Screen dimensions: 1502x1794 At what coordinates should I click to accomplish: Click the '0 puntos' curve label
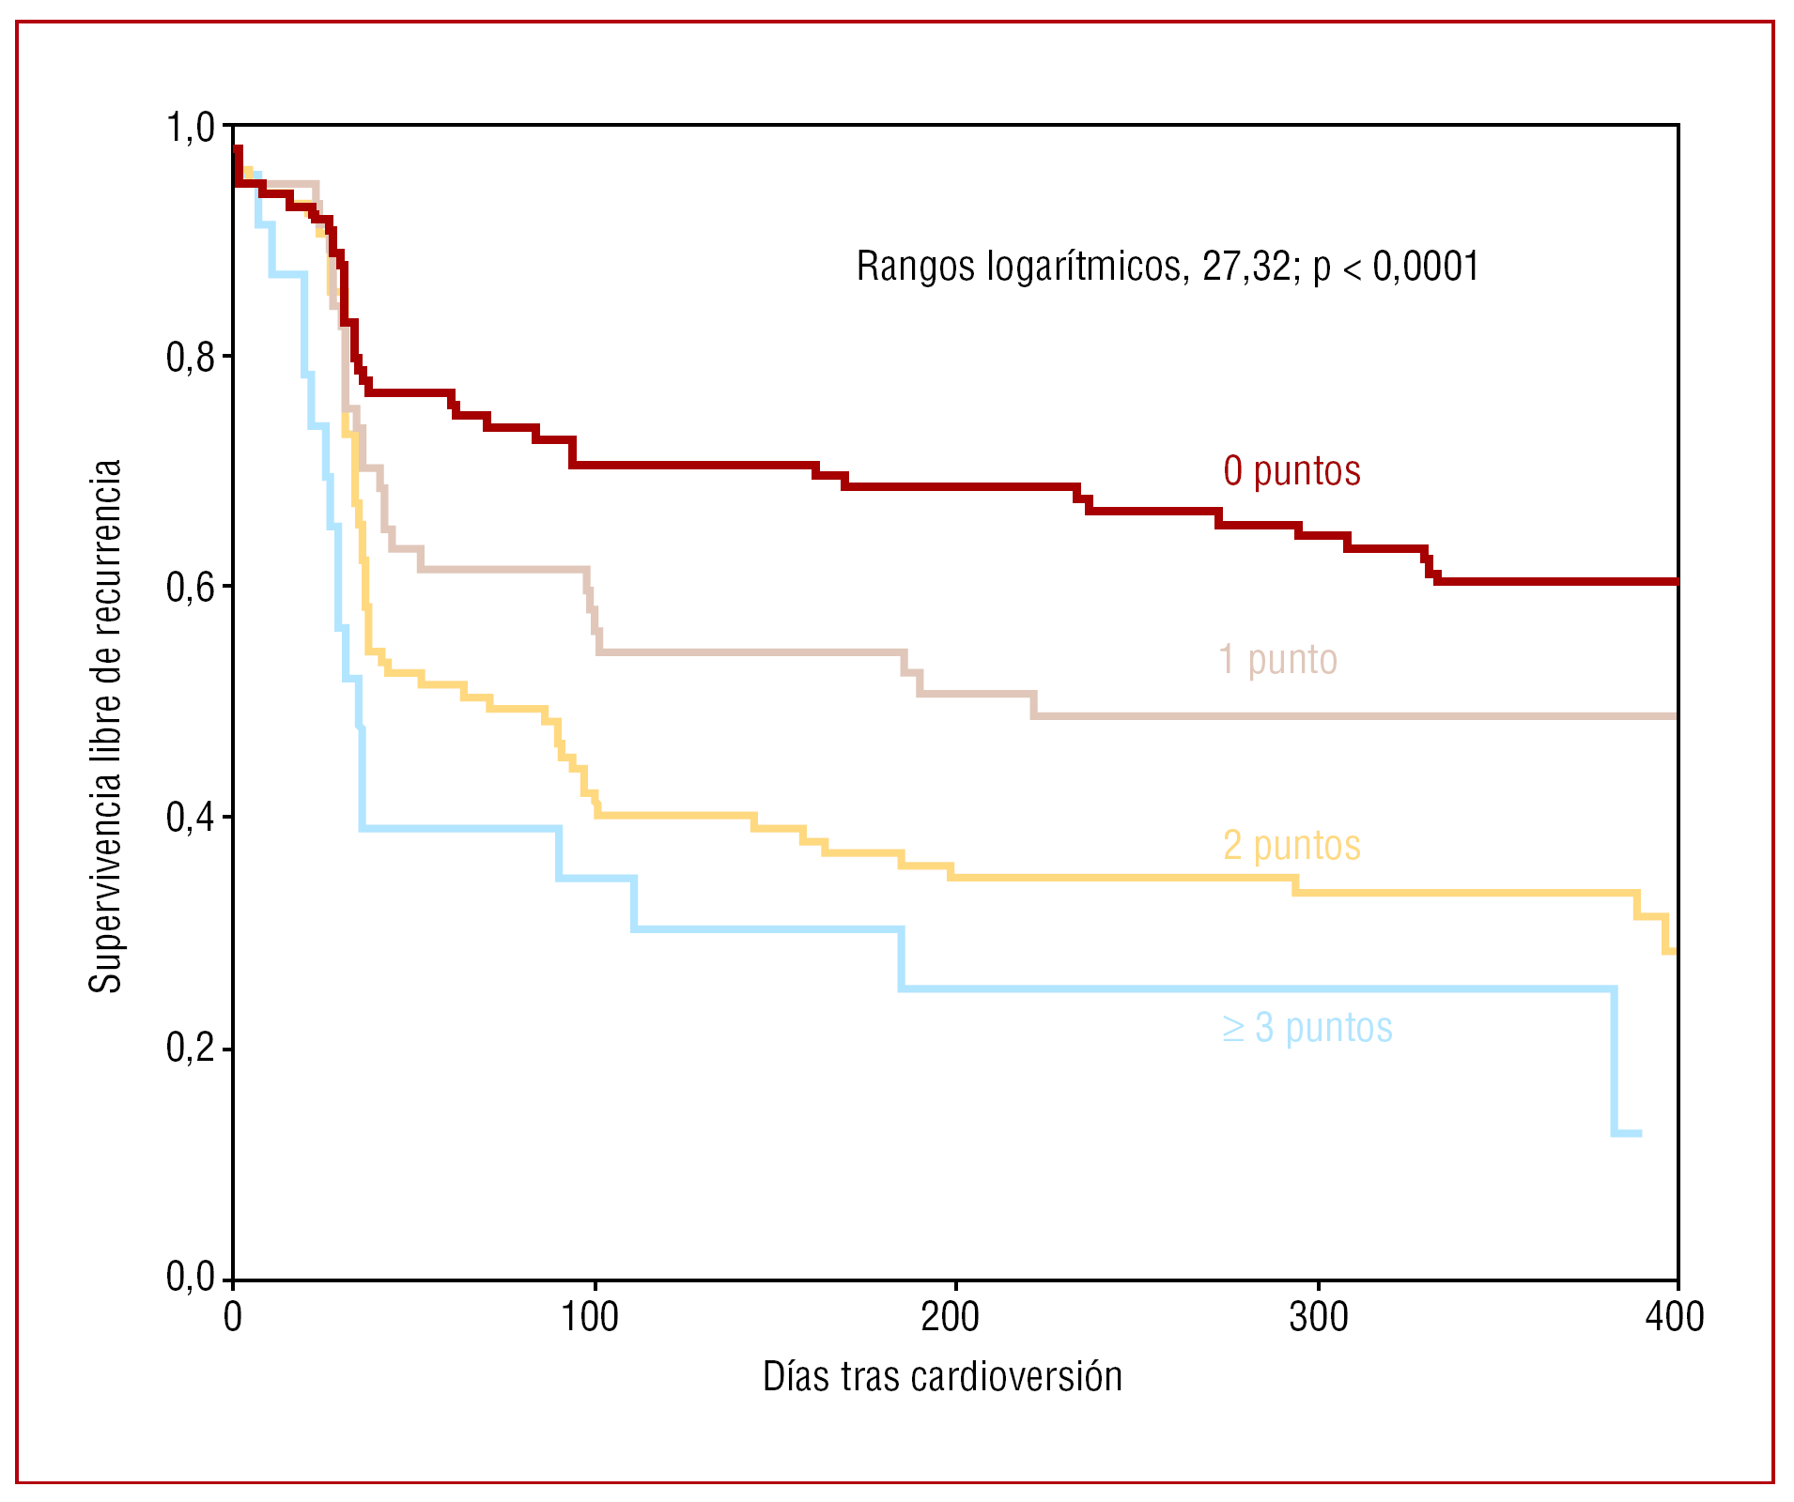[x=1291, y=471]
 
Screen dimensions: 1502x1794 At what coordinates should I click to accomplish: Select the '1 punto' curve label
[x=1277, y=660]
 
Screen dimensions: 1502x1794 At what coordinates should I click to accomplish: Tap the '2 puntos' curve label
[x=1291, y=846]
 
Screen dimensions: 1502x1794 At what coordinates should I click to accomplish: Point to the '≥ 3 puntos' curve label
[x=1307, y=1028]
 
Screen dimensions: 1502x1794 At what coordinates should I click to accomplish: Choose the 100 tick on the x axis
[x=590, y=1318]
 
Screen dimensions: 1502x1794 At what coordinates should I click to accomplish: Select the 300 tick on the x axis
[x=1318, y=1318]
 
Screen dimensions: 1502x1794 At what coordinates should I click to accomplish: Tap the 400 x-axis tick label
[x=1675, y=1318]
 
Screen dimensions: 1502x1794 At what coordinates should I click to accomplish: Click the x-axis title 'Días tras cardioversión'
[x=942, y=1377]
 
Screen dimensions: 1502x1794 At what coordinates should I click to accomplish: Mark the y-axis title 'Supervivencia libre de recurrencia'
[x=105, y=726]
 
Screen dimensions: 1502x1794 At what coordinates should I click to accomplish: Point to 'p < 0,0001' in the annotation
[x=1397, y=268]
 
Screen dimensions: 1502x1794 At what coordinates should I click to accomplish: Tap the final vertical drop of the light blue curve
[x=1615, y=1061]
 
